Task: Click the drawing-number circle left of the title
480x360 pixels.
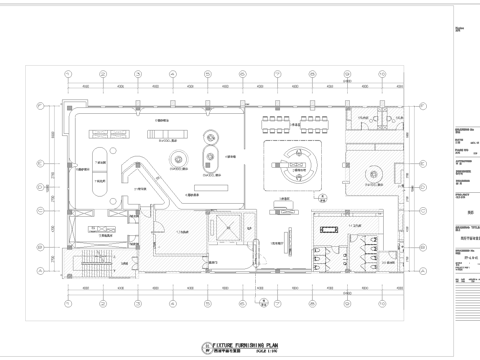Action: [179, 345]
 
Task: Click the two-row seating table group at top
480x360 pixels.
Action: [287, 121]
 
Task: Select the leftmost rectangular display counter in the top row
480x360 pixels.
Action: [103, 130]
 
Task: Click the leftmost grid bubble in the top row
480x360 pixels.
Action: [68, 73]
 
